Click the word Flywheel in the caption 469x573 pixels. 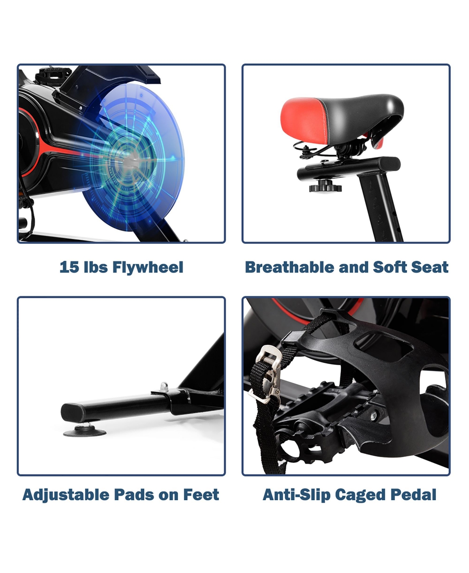point(148,267)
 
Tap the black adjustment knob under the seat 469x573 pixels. point(325,186)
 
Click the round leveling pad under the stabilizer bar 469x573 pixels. point(84,432)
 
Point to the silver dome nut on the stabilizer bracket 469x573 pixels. point(164,386)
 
